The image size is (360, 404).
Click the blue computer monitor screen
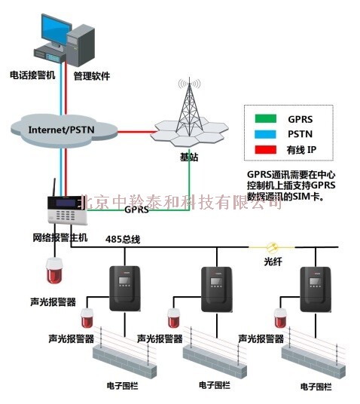tap(56, 30)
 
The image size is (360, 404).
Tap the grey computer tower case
tap(81, 46)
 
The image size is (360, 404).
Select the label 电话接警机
tap(32, 75)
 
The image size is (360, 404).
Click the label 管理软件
tap(92, 76)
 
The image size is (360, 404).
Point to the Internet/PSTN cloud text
tap(61, 130)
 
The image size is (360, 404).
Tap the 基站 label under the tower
tap(189, 157)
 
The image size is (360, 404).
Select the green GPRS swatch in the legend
tap(266, 119)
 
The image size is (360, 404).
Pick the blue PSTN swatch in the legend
tap(266, 134)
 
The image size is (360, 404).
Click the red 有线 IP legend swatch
tap(266, 150)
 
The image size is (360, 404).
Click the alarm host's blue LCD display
tap(66, 203)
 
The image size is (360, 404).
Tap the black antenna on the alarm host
tap(54, 188)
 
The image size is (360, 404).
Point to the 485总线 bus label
tap(123, 240)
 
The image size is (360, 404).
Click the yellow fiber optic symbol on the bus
tap(271, 247)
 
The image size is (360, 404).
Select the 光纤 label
tap(273, 262)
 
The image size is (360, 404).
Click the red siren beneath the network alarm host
tap(54, 271)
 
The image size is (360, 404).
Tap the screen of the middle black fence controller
tap(216, 281)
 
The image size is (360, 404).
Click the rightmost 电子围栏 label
tap(316, 387)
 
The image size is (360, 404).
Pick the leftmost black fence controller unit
tap(125, 289)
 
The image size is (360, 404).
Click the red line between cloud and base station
tap(136, 132)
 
